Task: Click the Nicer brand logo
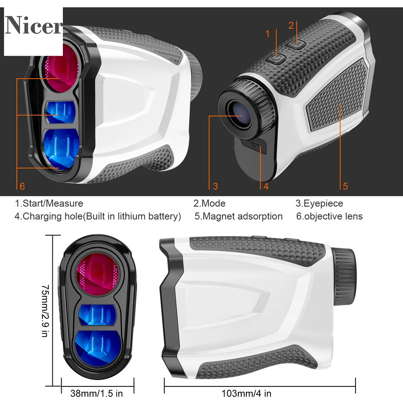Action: (33, 25)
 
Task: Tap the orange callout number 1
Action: (268, 34)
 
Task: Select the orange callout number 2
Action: (291, 25)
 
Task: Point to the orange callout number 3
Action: (215, 186)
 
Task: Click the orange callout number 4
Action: (266, 186)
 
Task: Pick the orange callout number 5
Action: (345, 186)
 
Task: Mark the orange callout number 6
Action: (22, 186)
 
